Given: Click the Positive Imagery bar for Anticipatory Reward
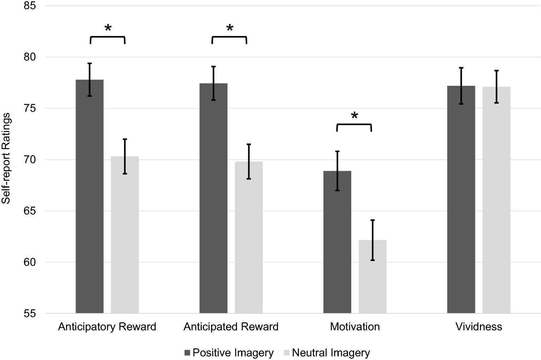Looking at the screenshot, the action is pos(90,196).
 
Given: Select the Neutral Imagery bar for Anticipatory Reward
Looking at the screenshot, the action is pos(125,235).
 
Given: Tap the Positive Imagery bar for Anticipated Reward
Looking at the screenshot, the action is pos(214,198).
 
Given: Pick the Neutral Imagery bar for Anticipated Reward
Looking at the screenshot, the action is pos(249,238).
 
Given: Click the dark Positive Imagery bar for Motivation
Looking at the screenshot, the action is pos(337,242).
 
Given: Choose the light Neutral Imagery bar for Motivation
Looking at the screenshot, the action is pos(373,276).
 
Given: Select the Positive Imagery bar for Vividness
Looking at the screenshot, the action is pos(461,199).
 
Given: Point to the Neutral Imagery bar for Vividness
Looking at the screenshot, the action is pos(497,200).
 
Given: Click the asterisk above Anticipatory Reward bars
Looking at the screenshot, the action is pos(108,27).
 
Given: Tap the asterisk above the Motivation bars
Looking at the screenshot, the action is pos(354,115).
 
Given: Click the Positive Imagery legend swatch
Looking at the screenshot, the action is pos(187,353).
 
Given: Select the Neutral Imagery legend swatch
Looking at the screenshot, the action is pos(287,353).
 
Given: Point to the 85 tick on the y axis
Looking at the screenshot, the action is pos(30,5).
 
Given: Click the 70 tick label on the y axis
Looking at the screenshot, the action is pos(30,159).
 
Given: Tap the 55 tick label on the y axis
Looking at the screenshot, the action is pos(30,313).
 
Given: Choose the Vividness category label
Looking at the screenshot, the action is pos(479,327).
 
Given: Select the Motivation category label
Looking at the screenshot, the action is pos(355,327).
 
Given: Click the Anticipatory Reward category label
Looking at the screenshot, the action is pos(107,327).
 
